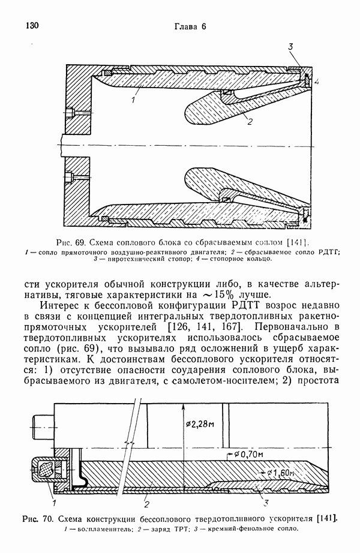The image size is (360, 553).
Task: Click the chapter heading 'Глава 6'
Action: click(190, 26)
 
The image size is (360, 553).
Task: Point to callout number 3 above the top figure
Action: click(290, 47)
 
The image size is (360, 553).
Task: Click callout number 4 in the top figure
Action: click(317, 80)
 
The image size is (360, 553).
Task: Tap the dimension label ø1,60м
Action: click(279, 474)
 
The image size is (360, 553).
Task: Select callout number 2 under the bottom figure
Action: click(146, 497)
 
